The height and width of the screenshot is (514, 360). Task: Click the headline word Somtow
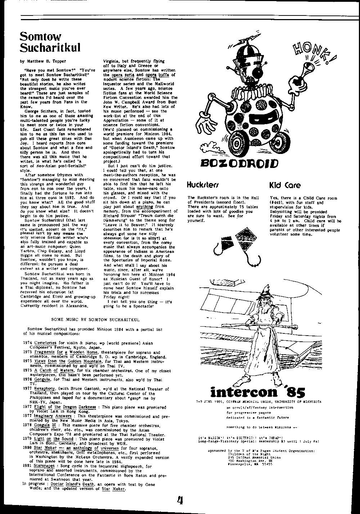tap(40, 36)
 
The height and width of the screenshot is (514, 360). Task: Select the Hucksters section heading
tap(203, 186)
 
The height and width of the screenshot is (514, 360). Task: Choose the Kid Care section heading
tap(285, 186)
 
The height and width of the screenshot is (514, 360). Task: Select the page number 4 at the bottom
tap(180, 501)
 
